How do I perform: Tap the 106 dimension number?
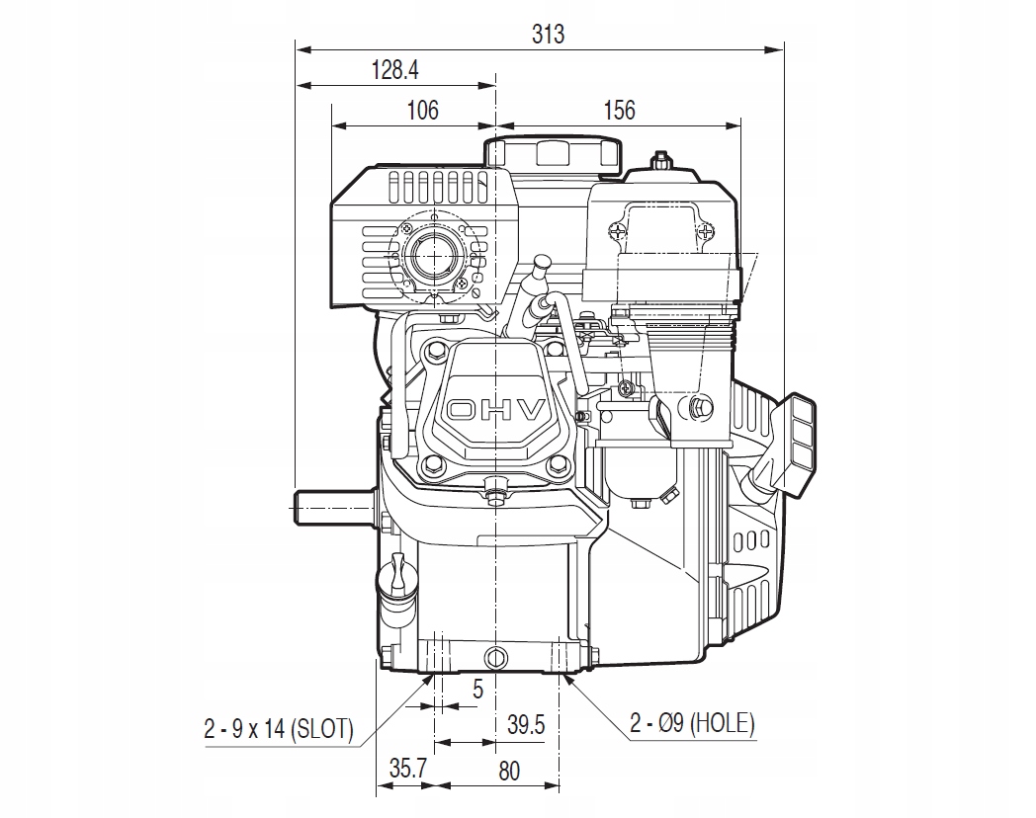pos(422,110)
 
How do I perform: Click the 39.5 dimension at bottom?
pos(525,725)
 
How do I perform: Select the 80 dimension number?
pos(508,770)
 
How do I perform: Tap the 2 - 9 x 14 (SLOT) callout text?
pos(278,729)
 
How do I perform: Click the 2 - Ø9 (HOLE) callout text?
pos(693,724)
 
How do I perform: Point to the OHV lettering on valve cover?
pos(496,410)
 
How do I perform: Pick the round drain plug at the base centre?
pos(496,655)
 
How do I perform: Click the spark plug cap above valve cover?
pos(543,270)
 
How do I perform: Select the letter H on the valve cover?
pos(496,410)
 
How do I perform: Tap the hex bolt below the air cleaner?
pos(701,405)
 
